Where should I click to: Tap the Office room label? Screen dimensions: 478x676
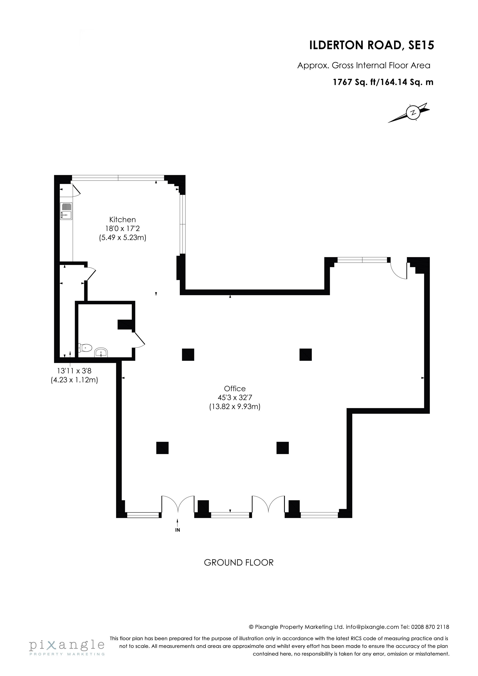pos(235,389)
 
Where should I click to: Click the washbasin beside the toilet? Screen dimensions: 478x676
pos(101,353)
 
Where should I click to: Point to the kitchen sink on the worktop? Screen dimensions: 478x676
pos(66,211)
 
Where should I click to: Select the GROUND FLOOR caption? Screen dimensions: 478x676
pos(239,563)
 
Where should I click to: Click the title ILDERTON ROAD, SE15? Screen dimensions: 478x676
pos(372,45)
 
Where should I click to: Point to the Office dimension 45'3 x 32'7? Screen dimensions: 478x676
pos(235,398)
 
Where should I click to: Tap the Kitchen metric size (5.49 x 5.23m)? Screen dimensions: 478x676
pos(123,237)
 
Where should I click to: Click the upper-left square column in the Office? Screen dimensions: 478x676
pos(188,355)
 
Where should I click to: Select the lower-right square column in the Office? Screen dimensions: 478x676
pos(282,448)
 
